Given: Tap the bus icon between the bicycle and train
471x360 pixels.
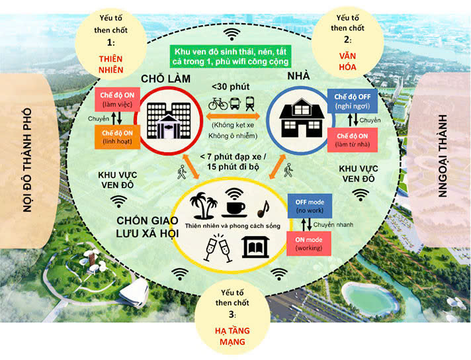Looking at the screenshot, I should (x=234, y=104).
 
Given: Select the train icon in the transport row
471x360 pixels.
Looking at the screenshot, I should (x=250, y=104).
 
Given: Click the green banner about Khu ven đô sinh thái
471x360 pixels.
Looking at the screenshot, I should (x=234, y=56).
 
